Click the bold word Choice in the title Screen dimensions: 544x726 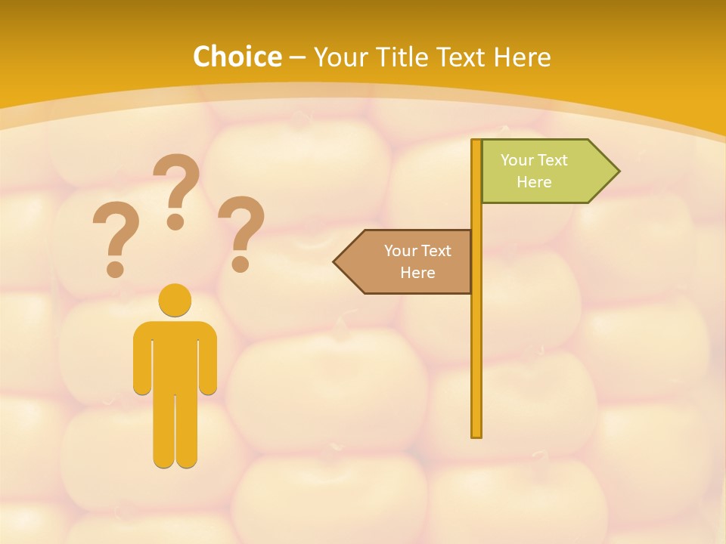237,57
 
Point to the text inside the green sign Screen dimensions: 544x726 534,171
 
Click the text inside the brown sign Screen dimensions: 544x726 417,261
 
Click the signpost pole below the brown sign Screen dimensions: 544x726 476,363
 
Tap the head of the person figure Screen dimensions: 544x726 175,300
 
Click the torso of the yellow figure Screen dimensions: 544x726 175,355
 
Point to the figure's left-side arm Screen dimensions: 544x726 141,359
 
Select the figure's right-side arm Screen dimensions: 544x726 208,359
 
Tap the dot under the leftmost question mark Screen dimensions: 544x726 115,268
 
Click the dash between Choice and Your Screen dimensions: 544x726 297,57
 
